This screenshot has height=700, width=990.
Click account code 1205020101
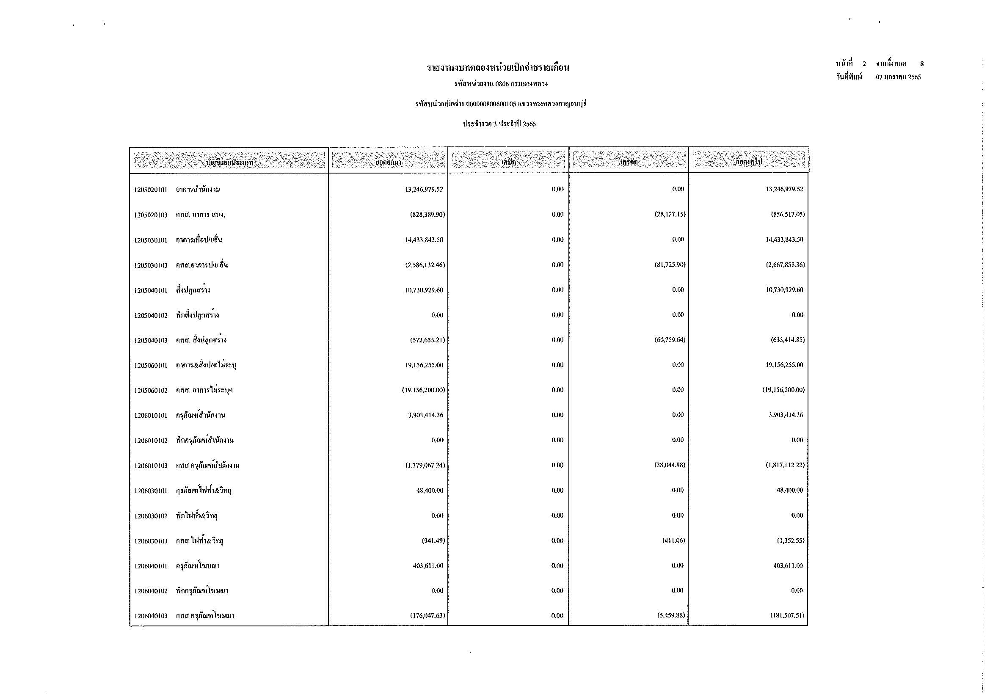151,190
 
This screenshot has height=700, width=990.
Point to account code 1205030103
151,265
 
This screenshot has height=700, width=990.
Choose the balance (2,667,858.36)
783,265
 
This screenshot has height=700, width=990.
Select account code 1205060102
151,390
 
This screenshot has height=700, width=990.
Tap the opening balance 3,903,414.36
425,415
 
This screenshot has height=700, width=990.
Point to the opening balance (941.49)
433,540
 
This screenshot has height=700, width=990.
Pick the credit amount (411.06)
673,540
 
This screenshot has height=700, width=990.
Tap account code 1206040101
151,566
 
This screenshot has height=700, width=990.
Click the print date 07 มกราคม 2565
898,77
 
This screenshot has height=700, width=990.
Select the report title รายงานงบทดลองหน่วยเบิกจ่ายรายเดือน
498,68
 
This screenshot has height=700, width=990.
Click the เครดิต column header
629,162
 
